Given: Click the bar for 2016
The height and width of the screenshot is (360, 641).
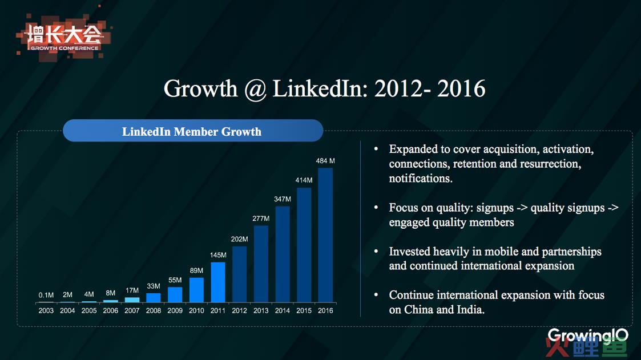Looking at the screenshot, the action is click(x=325, y=236).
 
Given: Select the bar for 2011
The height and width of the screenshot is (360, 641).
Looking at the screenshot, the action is click(x=218, y=282).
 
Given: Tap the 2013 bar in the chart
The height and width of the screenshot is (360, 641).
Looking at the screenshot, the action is click(x=261, y=264).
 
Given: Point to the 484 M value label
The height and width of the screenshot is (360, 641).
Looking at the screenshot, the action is click(x=325, y=161).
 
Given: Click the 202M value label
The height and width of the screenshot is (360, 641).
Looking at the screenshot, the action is click(x=240, y=239).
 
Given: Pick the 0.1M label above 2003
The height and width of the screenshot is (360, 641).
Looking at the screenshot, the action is click(x=46, y=295).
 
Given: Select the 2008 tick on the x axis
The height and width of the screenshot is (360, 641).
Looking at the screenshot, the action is click(x=154, y=310).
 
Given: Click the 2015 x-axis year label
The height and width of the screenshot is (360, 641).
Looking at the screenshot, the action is click(x=304, y=310).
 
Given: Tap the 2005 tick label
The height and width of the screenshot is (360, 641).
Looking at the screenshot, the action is click(x=89, y=310).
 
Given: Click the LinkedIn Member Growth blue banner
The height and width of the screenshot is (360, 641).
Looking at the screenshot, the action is click(x=193, y=131).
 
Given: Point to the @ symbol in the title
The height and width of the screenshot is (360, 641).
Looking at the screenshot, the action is click(x=256, y=89).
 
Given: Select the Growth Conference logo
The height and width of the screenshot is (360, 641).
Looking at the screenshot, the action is click(x=63, y=38).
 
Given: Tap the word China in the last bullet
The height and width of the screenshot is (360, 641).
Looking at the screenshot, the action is click(x=419, y=310).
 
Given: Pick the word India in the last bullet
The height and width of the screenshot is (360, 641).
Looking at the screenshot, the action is click(x=470, y=310).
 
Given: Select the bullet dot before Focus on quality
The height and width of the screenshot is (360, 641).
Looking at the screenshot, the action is click(x=376, y=208).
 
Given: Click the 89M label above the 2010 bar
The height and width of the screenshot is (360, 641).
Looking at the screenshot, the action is click(x=196, y=270).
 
